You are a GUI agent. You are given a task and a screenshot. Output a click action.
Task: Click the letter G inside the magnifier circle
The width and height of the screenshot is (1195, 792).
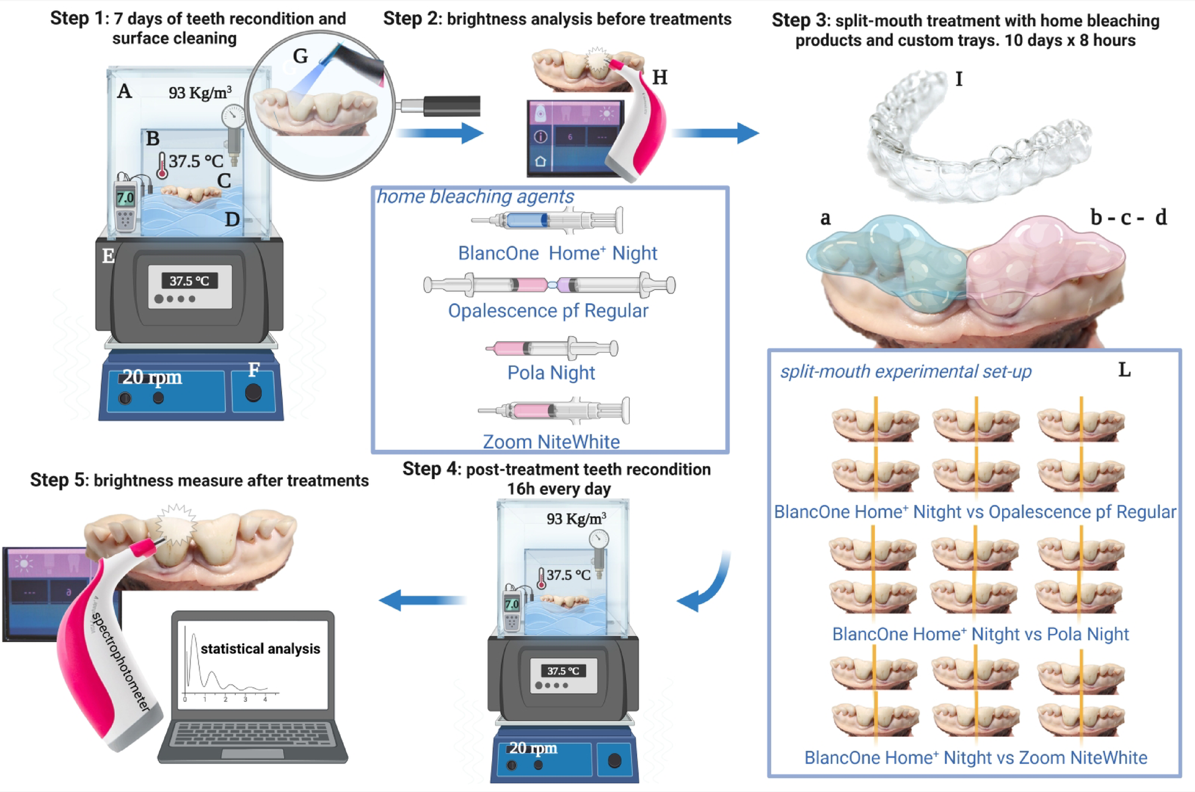click(x=301, y=56)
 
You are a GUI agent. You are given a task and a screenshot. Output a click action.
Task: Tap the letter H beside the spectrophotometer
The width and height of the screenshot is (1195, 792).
click(x=660, y=77)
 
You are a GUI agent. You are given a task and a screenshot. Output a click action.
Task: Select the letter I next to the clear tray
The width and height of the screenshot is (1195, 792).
click(x=959, y=78)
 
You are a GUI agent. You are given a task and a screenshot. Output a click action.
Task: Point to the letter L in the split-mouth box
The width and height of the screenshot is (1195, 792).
click(x=1124, y=370)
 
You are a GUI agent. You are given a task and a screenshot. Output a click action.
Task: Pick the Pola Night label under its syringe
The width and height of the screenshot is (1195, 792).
click(x=551, y=373)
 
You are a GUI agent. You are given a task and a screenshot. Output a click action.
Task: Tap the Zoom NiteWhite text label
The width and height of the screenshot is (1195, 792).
click(x=551, y=442)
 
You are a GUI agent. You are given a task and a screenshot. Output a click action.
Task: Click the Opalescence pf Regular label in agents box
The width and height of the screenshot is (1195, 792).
click(x=548, y=311)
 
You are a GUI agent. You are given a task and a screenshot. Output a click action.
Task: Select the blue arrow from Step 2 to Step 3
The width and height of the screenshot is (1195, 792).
click(x=715, y=133)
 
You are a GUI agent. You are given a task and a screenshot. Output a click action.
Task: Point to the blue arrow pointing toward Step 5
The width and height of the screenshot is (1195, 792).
click(x=422, y=600)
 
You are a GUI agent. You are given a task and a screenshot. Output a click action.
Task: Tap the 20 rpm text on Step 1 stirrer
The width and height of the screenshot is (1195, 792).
click(x=152, y=377)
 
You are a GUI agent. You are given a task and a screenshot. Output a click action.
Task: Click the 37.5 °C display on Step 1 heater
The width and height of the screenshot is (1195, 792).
click(x=189, y=281)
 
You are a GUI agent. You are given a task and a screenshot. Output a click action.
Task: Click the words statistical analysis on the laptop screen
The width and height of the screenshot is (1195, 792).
click(x=260, y=649)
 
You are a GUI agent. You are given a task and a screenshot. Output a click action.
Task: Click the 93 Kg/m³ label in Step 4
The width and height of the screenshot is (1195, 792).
click(x=576, y=518)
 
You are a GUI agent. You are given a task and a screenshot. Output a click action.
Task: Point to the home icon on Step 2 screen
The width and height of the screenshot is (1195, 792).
click(x=540, y=162)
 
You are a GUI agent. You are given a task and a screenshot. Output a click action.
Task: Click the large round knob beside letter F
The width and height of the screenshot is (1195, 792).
click(x=254, y=392)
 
